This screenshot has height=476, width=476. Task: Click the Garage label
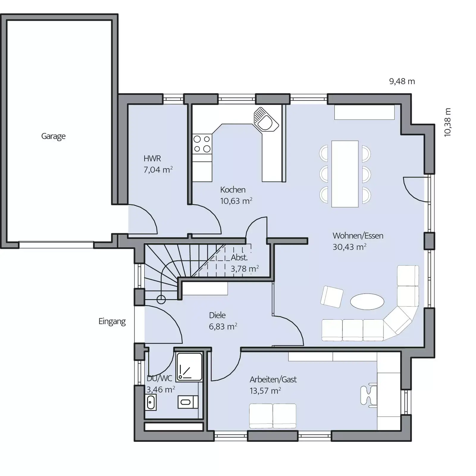(x=53, y=136)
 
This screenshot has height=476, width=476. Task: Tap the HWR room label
(x=152, y=158)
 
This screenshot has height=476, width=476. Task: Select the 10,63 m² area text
(x=236, y=201)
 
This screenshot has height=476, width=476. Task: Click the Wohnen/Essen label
(x=358, y=236)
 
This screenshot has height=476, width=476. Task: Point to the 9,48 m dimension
(x=402, y=82)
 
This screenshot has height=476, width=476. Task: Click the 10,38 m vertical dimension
(x=447, y=122)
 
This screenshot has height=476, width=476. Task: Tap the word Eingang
(x=112, y=322)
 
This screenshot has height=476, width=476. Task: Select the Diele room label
(x=217, y=315)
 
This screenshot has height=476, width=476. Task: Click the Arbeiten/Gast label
(x=273, y=379)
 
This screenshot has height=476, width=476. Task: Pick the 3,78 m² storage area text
(x=245, y=269)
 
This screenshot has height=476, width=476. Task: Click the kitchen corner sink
(x=266, y=119)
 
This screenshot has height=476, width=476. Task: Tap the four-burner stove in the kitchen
(x=202, y=144)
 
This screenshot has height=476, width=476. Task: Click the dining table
(x=345, y=174)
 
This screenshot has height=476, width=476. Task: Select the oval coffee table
(x=367, y=302)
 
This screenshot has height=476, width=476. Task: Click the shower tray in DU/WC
(x=189, y=367)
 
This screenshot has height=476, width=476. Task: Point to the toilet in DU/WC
(x=188, y=402)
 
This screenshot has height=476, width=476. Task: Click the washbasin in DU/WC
(x=151, y=402)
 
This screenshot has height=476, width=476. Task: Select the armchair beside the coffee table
(x=332, y=297)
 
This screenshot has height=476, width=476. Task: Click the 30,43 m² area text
(x=349, y=247)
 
